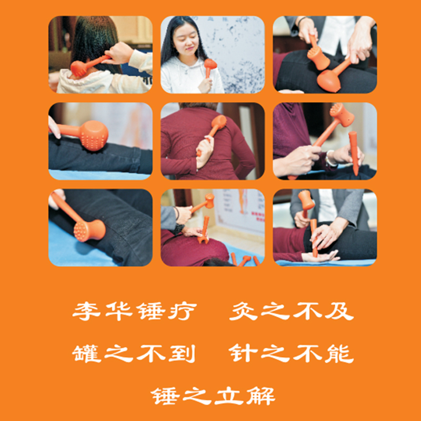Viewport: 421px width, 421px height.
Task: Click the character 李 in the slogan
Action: click(86, 311)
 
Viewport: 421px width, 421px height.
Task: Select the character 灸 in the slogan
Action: click(244, 311)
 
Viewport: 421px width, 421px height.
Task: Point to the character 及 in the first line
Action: click(339, 311)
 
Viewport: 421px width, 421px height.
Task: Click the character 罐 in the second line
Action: click(86, 354)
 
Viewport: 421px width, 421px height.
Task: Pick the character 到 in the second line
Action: click(182, 354)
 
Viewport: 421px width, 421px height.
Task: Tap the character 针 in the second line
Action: click(244, 354)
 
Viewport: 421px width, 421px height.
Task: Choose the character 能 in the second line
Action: click(339, 354)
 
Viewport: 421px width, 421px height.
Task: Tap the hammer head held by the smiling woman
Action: click(210, 64)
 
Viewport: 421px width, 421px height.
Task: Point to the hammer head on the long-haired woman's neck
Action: click(78, 68)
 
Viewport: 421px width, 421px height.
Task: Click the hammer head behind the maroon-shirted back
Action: click(219, 122)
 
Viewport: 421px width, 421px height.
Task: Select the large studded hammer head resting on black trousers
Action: click(94, 135)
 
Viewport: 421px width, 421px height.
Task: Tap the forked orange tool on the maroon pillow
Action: click(204, 230)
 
